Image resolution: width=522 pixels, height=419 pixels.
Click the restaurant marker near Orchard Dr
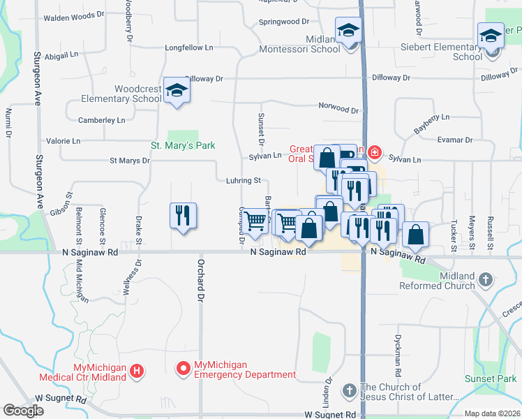tap(183, 214)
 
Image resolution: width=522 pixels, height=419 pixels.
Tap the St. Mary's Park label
tap(183, 145)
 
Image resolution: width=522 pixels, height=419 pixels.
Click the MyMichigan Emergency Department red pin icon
tap(184, 366)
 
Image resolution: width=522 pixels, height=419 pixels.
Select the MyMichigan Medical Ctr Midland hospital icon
tap(137, 372)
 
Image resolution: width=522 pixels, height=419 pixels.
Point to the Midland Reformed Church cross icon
tap(486, 281)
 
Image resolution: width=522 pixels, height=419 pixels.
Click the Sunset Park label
tap(491, 378)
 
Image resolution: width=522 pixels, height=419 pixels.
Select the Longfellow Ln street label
tap(188, 47)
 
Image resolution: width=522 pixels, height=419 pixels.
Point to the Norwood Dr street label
tap(338, 110)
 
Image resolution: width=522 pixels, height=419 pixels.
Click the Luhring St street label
tap(243, 180)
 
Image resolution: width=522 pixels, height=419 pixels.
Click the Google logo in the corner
tap(23, 411)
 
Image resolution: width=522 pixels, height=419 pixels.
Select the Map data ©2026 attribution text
tap(492, 413)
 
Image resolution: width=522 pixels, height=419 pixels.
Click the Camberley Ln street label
tap(101, 120)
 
